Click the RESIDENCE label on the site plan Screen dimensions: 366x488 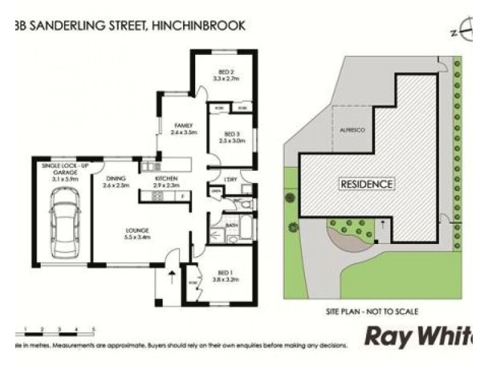tap(367, 183)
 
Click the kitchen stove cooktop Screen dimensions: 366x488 tap(157, 196)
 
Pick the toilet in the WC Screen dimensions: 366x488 tap(242, 206)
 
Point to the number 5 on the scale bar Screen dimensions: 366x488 tap(93, 329)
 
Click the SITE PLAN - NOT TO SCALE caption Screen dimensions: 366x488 tap(372, 311)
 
